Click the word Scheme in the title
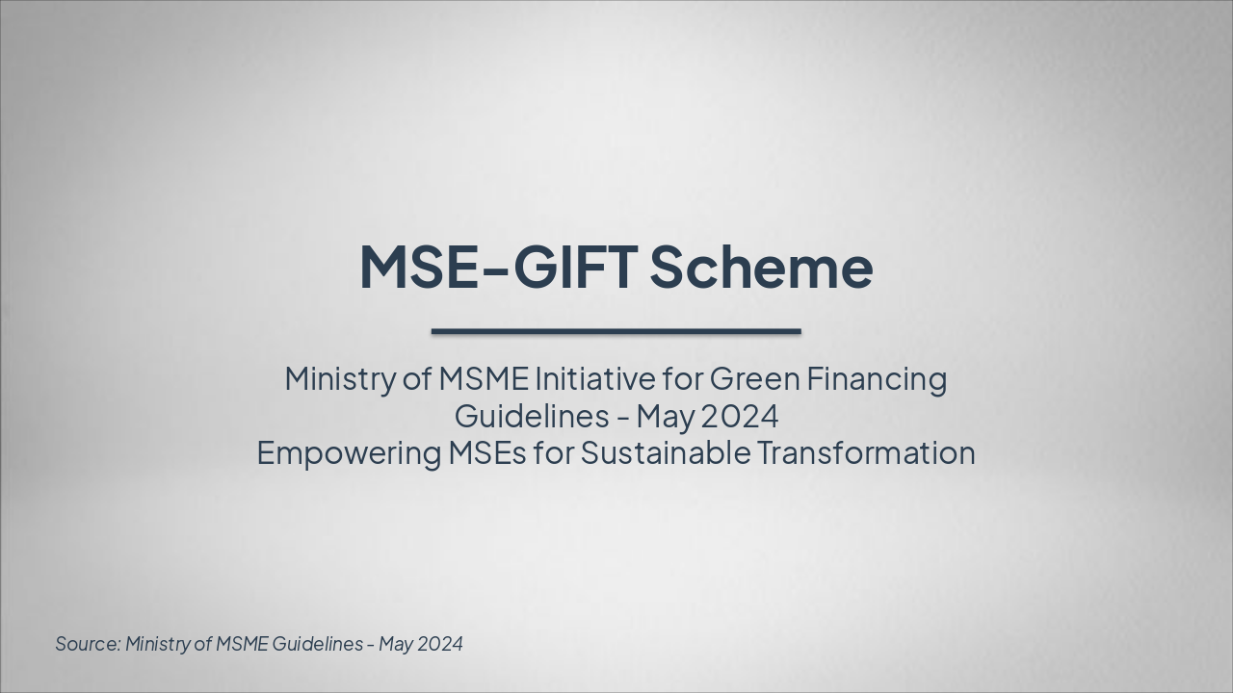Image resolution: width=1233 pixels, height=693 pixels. point(761,267)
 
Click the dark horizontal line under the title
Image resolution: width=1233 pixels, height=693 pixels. point(616,331)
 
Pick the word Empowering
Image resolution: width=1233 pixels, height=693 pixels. point(348,453)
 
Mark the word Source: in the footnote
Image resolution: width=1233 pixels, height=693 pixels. point(87,644)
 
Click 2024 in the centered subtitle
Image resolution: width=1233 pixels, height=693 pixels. point(739,417)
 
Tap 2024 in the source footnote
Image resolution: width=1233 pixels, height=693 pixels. point(440,644)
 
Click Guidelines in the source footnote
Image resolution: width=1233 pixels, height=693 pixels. point(317,644)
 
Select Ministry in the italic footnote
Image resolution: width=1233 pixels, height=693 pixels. point(158,644)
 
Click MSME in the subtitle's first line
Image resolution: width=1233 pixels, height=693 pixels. point(484,378)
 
